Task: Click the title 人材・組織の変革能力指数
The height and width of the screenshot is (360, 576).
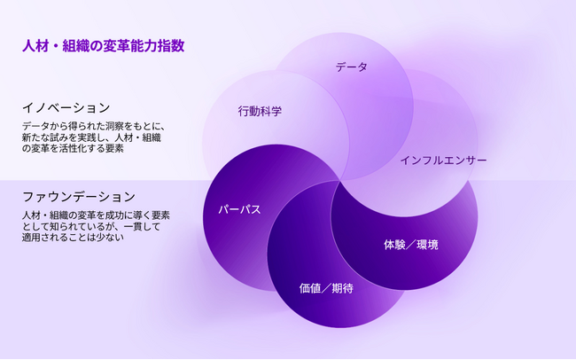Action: [104, 45]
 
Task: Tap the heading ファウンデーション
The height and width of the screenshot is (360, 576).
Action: [79, 196]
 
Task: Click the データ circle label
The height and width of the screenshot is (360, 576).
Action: [351, 67]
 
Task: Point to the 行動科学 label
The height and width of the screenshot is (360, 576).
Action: [260, 112]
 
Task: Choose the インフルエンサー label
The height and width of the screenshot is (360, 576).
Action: [443, 160]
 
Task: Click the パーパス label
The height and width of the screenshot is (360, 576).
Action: [239, 210]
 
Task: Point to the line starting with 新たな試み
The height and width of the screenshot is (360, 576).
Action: [92, 137]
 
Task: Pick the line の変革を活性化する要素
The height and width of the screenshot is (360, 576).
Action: [73, 149]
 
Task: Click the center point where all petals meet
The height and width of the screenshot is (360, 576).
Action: [340, 181]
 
